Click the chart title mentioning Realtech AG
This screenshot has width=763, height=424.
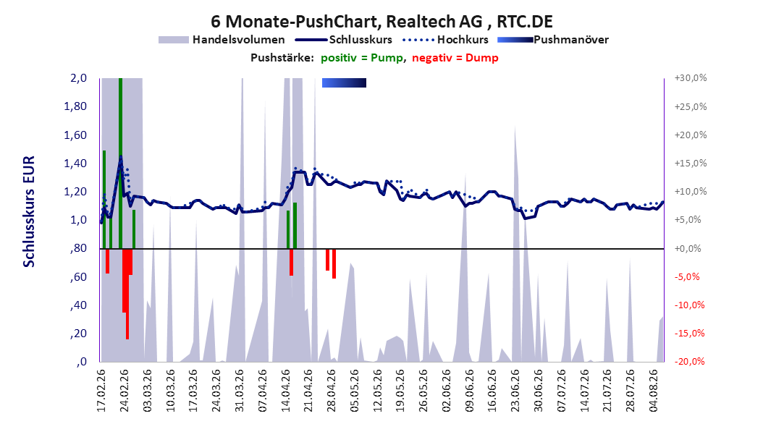[x=381, y=22]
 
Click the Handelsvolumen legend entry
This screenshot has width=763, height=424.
[x=222, y=40]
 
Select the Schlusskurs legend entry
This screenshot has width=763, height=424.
[x=344, y=40]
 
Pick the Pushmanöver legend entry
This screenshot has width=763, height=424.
[x=553, y=40]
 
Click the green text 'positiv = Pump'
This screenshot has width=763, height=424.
[x=362, y=58]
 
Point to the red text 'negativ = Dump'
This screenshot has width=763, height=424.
[x=455, y=58]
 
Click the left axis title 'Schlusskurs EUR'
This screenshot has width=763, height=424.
[x=29, y=211]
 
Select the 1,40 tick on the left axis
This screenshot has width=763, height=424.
[x=75, y=163]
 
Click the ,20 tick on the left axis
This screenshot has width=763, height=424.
[x=79, y=333]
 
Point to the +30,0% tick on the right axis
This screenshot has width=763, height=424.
[x=691, y=78]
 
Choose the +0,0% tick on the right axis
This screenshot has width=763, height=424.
[x=688, y=248]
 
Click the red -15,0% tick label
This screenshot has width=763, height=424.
[x=691, y=333]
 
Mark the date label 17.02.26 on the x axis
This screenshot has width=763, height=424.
[x=101, y=391]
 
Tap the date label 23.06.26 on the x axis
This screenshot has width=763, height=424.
[x=515, y=391]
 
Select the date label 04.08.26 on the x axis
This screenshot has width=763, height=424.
[x=654, y=391]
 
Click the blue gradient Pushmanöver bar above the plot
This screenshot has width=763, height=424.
[x=344, y=82]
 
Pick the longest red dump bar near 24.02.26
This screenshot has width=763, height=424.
[x=127, y=294]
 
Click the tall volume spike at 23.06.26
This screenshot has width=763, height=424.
[x=515, y=243]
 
